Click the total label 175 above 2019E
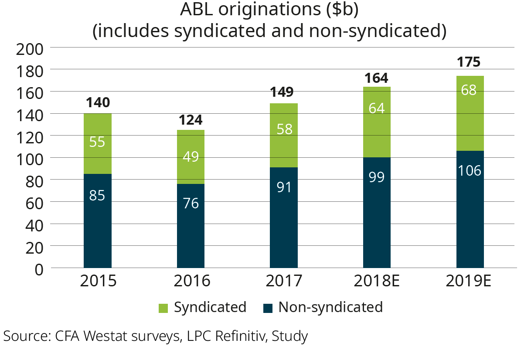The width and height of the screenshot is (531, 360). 469,62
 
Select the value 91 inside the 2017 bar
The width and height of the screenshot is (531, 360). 284,187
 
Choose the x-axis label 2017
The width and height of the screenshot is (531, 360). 284,281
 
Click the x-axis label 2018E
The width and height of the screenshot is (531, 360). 377,281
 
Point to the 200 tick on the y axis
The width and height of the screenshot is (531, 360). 29,48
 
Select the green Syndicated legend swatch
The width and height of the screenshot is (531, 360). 162,308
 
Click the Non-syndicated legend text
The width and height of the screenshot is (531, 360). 330,307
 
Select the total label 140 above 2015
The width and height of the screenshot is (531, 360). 98,103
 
